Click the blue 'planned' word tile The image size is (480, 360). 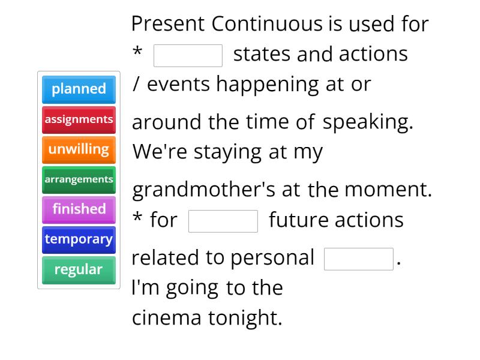79,89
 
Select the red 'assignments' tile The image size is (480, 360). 79,119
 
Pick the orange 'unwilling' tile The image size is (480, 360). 79,149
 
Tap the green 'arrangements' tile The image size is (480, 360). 79,179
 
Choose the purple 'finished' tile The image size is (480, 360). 79,209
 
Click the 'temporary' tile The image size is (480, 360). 79,239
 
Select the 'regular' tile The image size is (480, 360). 79,269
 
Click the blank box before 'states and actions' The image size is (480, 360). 188,55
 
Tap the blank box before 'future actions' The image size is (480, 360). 223,221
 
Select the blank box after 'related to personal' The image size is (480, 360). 358,259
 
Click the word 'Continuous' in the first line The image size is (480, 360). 267,24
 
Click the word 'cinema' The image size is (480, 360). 167,317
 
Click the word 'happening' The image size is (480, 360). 268,85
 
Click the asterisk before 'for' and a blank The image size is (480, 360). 137,218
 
